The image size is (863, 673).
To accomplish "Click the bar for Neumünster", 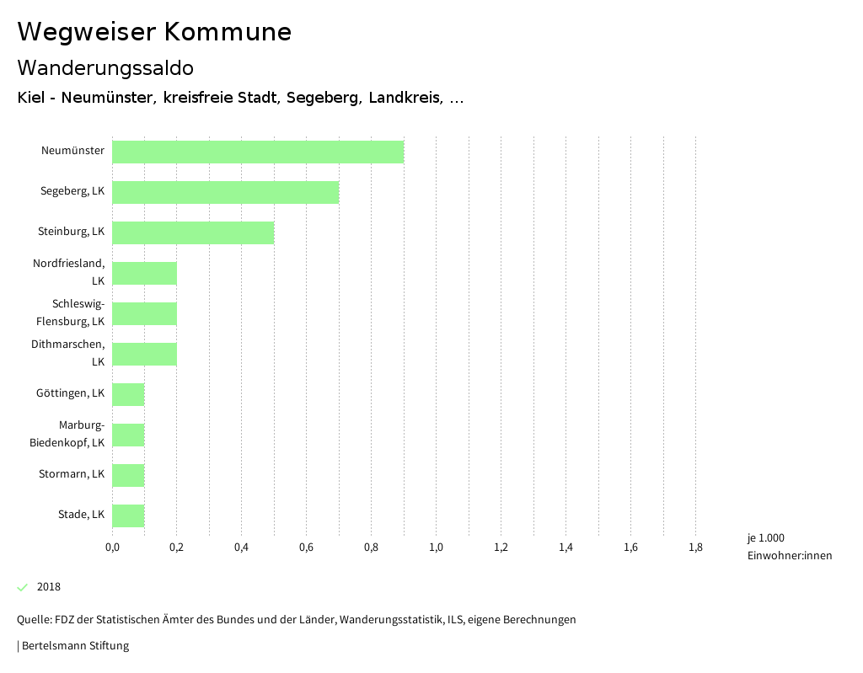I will pos(258,152).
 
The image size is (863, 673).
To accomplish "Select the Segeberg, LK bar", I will pos(225,192).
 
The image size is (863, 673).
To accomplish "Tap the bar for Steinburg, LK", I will pos(193,232).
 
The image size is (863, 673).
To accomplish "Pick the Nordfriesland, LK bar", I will pos(144,273).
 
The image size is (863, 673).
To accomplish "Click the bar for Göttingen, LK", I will pos(128,394).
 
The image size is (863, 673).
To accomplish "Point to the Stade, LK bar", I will pos(128,515).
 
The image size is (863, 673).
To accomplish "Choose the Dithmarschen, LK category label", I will pos(68,353).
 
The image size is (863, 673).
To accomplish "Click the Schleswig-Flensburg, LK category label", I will pos(71,312).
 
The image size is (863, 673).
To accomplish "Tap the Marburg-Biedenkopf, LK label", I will pos(67,434).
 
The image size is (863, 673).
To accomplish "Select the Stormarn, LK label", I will pos(72,474).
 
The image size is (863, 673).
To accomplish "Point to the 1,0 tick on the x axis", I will pos(436,547).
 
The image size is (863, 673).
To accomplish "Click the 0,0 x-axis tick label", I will pos(112,547).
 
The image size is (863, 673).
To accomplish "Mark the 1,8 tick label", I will pos(695,547).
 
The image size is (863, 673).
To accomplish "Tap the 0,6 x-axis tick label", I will pos(306,547).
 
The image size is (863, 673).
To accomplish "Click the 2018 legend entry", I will pos(48,587).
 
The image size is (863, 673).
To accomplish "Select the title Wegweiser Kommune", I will pos(154,32).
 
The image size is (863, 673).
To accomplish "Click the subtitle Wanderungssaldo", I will pos(105,67).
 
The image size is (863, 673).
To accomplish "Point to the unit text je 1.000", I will pos(765,538).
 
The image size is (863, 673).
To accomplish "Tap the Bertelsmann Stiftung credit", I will pos(75,646).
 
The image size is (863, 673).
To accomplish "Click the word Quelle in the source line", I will pos(33,620).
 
